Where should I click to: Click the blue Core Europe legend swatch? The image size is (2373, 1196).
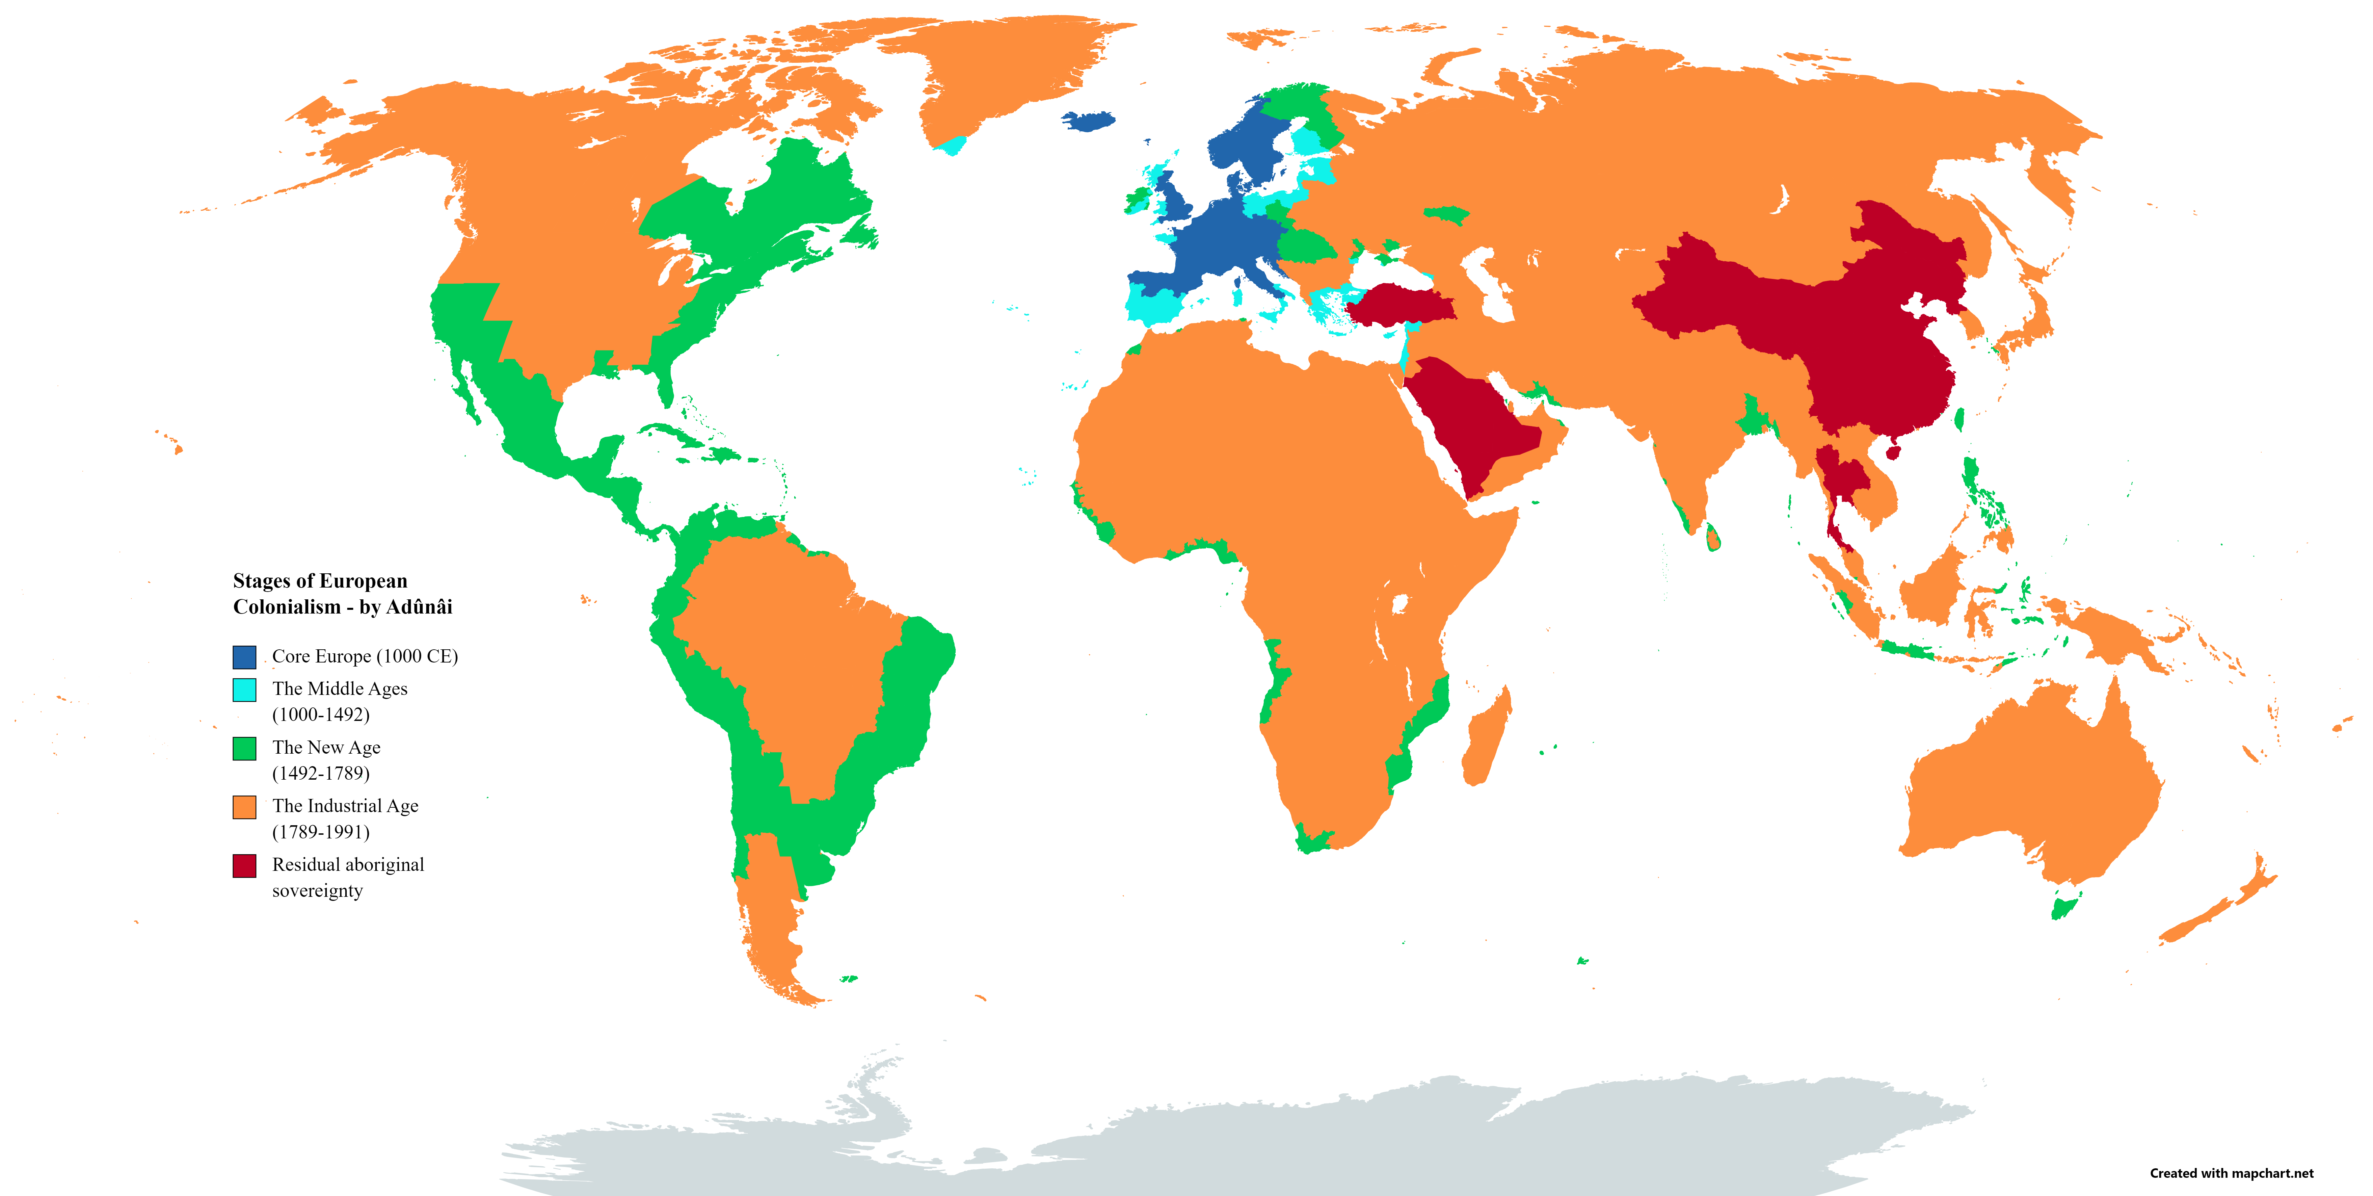(244, 657)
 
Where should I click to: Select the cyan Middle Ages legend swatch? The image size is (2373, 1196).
(244, 690)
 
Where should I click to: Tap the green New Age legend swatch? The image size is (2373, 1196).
(244, 748)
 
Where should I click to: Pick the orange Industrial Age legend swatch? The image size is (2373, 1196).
(244, 807)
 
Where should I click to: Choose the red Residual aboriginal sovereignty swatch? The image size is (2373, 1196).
(244, 866)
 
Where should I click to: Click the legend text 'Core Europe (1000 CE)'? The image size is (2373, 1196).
(365, 656)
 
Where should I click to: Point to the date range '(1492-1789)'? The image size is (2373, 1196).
(321, 773)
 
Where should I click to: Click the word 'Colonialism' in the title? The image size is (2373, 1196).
(287, 606)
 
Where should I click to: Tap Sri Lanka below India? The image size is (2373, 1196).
(1712, 536)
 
